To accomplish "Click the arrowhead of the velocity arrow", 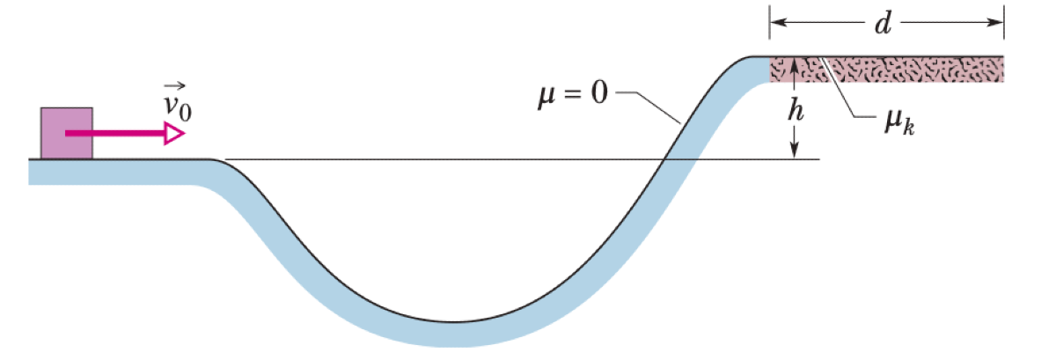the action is click(174, 134).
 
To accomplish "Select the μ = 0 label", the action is click(572, 93).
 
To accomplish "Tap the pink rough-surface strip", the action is click(915, 69).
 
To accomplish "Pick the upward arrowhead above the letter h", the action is click(794, 63).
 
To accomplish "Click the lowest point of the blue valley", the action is click(449, 333).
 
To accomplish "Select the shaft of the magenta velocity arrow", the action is click(114, 134).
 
